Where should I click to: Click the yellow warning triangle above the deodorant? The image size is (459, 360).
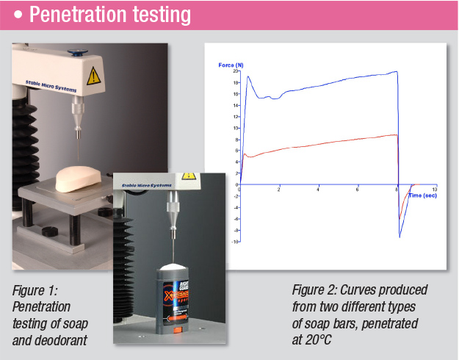point(189,176)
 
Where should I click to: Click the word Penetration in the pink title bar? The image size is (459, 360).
point(77,14)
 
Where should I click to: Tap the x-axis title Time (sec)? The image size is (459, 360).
point(422,196)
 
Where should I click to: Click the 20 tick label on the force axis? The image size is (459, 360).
point(236,71)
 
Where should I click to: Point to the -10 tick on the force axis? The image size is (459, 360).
point(235,241)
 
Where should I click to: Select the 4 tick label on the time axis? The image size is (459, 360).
point(319,190)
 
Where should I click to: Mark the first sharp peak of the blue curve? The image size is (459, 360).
point(248,76)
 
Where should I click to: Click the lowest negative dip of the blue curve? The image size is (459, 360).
point(400,237)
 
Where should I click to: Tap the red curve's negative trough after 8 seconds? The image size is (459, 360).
point(400,218)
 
